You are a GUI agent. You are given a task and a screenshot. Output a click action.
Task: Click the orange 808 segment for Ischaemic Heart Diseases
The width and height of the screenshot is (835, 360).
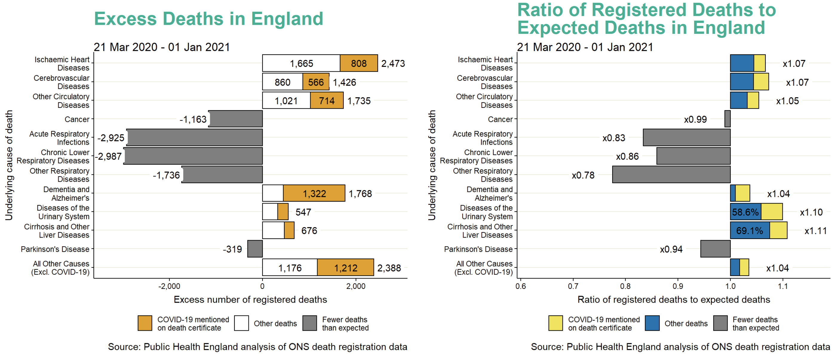pyautogui.click(x=358, y=63)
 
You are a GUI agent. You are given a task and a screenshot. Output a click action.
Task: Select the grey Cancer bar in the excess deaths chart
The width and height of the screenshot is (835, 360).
pyautogui.click(x=236, y=119)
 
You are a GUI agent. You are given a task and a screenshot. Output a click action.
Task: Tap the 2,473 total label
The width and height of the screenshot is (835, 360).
pyautogui.click(x=393, y=64)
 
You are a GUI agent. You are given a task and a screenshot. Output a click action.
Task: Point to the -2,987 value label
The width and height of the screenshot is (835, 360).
pyautogui.click(x=108, y=156)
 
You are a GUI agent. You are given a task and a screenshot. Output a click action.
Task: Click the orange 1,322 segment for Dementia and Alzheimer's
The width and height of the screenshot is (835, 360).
pyautogui.click(x=314, y=194)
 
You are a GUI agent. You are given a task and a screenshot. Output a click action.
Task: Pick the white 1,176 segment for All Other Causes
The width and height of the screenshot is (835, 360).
pyautogui.click(x=289, y=268)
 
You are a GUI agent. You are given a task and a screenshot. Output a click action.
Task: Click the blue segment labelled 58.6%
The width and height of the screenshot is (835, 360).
pyautogui.click(x=745, y=212)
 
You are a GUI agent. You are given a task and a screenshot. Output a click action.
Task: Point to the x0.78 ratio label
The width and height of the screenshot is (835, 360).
pyautogui.click(x=583, y=175)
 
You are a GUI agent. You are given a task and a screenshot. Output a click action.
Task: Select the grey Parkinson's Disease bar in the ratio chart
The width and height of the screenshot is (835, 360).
pyautogui.click(x=715, y=249)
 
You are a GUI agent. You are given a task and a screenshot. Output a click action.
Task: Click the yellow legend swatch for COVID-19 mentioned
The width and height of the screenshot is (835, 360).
pyautogui.click(x=555, y=323)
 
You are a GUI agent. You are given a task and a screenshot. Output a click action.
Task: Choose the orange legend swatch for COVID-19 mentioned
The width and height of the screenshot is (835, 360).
pyautogui.click(x=145, y=323)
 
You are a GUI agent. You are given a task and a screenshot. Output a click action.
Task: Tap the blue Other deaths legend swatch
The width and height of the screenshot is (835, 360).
pyautogui.click(x=652, y=323)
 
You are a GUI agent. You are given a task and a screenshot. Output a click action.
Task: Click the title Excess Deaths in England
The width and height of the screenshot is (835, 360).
pyautogui.click(x=208, y=19)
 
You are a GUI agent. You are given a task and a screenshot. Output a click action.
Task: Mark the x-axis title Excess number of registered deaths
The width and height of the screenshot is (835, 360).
pyautogui.click(x=250, y=300)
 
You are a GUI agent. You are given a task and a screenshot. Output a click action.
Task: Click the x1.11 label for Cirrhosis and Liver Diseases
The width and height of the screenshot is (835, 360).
pyautogui.click(x=815, y=231)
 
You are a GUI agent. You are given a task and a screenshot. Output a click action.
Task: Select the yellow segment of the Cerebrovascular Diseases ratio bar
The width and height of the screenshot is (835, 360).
pyautogui.click(x=761, y=82)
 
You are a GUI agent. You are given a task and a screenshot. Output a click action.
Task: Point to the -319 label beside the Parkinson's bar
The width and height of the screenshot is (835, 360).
pyautogui.click(x=232, y=249)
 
